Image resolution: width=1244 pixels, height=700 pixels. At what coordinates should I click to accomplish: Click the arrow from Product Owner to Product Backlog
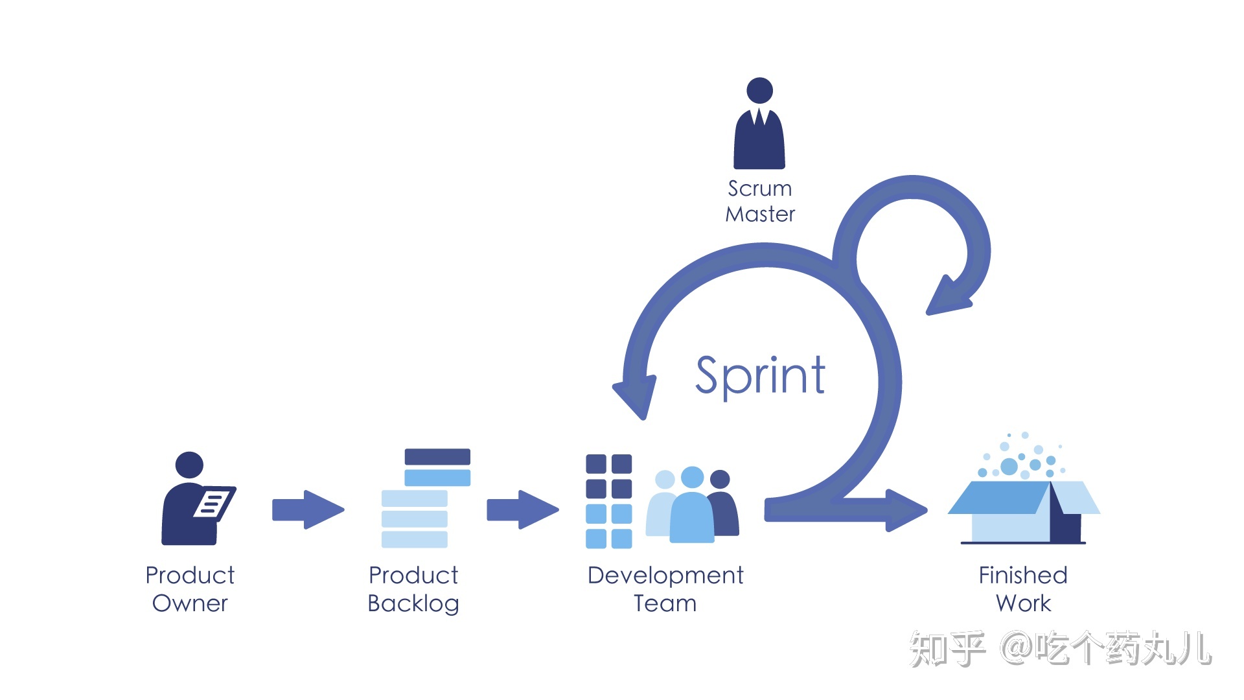(308, 509)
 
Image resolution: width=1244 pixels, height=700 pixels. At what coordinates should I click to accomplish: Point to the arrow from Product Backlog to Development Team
(522, 509)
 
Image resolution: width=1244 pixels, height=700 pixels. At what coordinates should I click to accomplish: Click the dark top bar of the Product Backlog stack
(437, 457)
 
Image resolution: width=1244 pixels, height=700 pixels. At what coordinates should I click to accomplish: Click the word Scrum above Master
(759, 189)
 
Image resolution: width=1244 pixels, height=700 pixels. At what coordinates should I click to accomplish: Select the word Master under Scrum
(759, 215)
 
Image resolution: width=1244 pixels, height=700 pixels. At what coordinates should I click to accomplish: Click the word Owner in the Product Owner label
(190, 603)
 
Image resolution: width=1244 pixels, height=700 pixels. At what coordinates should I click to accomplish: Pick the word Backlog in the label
(413, 603)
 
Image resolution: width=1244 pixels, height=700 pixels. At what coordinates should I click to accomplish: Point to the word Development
(665, 576)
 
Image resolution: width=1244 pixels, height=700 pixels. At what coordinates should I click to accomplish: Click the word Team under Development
(665, 603)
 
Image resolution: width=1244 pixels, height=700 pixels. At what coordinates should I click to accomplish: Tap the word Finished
(1023, 576)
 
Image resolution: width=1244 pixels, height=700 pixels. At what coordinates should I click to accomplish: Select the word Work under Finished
(1023, 603)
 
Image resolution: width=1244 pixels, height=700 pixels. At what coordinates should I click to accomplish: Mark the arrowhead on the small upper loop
(947, 298)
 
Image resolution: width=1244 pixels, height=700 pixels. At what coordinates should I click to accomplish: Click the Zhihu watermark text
(1060, 649)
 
